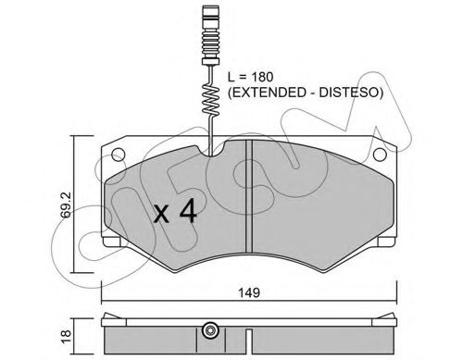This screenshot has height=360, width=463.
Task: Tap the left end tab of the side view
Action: coord(106,323)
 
